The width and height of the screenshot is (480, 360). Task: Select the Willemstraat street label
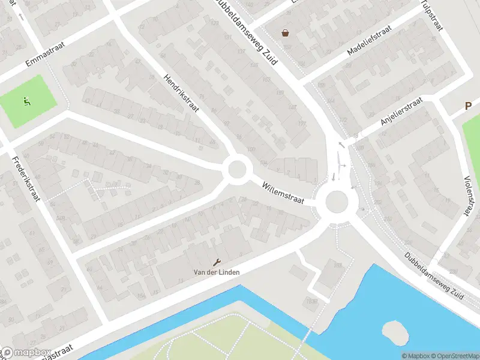click(x=283, y=193)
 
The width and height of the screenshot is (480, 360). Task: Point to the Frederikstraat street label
click(x=25, y=178)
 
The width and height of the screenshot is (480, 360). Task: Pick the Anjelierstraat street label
click(x=401, y=112)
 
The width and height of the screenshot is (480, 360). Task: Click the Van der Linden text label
click(x=217, y=272)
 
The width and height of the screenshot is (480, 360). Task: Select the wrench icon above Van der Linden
click(x=217, y=262)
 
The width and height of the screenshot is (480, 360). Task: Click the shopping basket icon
click(x=285, y=33)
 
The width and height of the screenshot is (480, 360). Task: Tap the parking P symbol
click(x=469, y=106)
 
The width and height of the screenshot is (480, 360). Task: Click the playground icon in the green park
click(x=26, y=101)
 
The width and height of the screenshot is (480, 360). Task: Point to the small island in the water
click(x=393, y=331)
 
